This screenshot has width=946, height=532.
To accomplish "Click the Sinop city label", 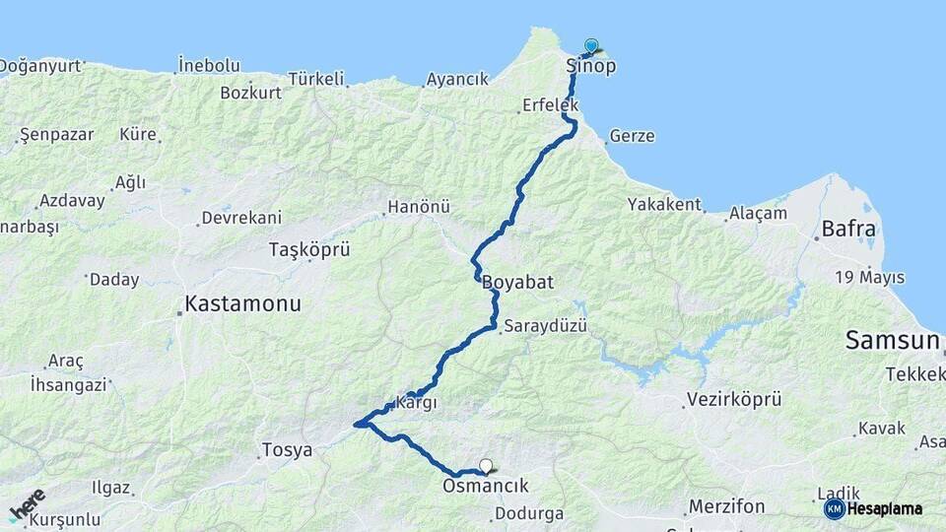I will tap(591, 66).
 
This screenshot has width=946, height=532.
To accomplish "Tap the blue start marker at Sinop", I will tap(591, 45).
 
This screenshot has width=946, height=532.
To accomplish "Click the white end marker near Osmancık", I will tap(485, 466).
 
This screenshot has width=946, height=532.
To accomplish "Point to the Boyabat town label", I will tap(517, 283).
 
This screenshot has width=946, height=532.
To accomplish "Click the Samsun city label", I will tap(892, 341).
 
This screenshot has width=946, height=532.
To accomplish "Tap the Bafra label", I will tap(845, 230).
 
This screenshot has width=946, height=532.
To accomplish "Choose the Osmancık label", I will tap(486, 486).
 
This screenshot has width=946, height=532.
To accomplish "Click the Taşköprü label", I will tap(309, 250).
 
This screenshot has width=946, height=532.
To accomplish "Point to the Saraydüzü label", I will tap(545, 325).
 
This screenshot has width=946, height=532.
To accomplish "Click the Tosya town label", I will tap(287, 450).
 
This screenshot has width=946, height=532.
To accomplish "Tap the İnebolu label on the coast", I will tap(208, 65).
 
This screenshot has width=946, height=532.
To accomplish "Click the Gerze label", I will tap(632, 136).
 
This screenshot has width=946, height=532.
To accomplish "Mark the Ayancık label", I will tap(457, 79).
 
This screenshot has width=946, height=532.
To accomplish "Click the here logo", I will tap(27, 504).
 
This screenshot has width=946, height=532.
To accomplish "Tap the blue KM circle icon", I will tap(835, 508).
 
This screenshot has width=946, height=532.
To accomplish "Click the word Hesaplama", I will tap(885, 509).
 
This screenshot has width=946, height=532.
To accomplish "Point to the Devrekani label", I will tap(241, 218).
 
